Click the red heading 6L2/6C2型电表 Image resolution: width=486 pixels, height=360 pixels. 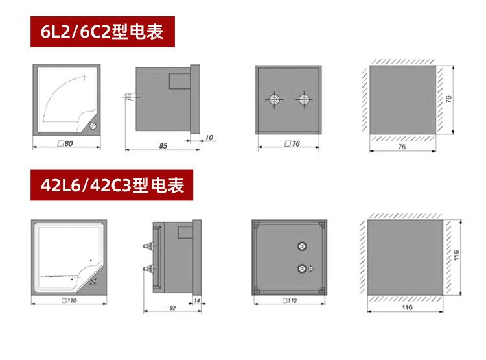[103, 32]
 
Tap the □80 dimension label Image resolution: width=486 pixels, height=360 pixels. [65, 143]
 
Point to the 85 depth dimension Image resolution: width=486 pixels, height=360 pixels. [163, 147]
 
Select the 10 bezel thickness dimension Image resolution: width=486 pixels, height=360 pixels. [209, 138]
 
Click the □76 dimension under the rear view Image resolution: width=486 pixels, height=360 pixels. [292, 143]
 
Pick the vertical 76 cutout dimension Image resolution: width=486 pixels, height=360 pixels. [448, 100]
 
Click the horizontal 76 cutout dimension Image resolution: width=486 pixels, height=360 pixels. [402, 148]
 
